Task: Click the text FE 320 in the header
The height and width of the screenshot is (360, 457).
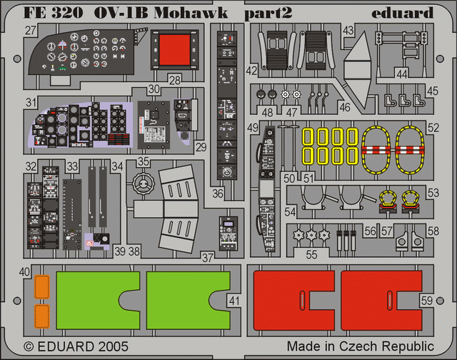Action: (49, 12)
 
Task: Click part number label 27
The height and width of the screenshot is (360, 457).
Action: (30, 31)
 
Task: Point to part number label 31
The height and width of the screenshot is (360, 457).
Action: (29, 104)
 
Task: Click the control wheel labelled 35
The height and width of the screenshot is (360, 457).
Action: (144, 185)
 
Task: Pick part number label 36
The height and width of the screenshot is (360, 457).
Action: (218, 193)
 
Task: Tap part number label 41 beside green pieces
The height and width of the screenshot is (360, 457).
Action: (236, 301)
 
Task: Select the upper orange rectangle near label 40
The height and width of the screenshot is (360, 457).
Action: (42, 289)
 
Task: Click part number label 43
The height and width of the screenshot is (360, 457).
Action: (348, 31)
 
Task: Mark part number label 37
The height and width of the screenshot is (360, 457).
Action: (208, 256)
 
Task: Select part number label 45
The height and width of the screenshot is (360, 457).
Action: (433, 91)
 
